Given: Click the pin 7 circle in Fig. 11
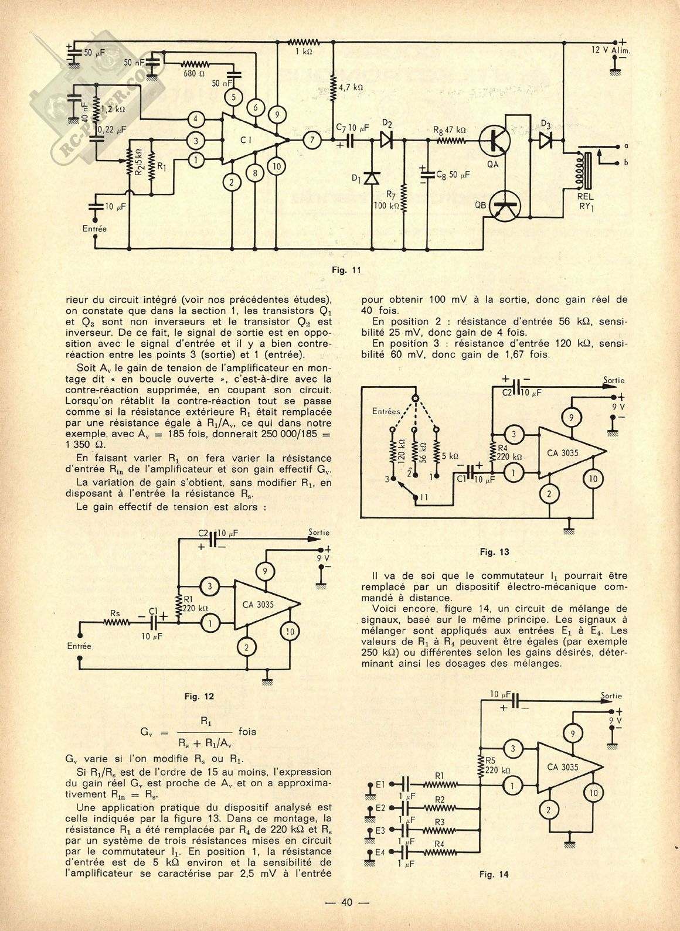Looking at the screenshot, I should click(x=312, y=140).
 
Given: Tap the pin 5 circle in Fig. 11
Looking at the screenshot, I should click(x=233, y=97).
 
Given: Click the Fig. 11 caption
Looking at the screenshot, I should click(x=348, y=270).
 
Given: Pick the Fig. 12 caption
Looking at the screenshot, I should click(x=199, y=696).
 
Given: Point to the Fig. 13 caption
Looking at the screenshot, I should click(x=494, y=551).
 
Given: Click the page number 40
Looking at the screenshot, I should click(x=346, y=902).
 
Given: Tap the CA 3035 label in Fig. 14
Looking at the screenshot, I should click(x=563, y=767).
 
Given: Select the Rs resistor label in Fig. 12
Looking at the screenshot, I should click(x=115, y=613).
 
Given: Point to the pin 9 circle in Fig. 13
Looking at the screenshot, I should click(x=572, y=417).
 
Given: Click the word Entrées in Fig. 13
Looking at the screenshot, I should click(x=387, y=411).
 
